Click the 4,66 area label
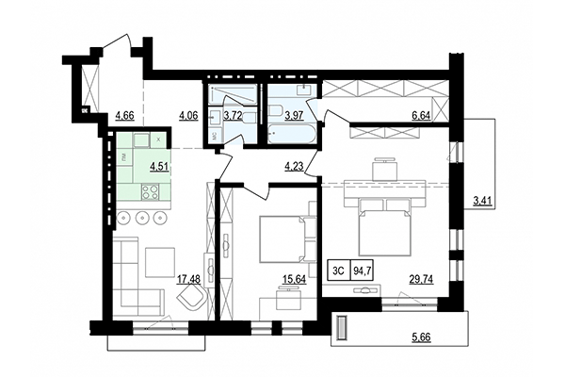pos(124,116)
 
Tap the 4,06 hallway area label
pos(188,116)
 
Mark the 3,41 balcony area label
pos(482,200)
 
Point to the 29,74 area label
pos(420,279)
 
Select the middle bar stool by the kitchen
pos(142,219)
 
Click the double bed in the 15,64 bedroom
pos(280,238)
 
